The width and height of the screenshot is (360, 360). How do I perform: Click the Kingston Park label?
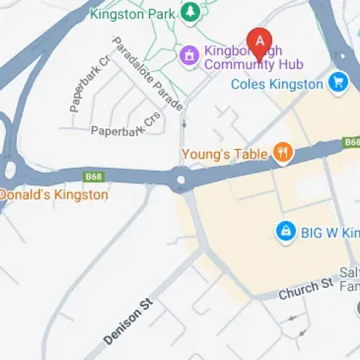point(134,13)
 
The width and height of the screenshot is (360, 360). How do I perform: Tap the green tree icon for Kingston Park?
point(190,12)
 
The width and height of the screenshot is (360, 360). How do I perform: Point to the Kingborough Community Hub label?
point(253,58)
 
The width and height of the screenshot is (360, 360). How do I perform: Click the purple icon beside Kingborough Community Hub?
point(189,54)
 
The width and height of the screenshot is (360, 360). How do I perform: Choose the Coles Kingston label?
point(276,84)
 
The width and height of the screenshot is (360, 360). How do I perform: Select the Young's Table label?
point(225,153)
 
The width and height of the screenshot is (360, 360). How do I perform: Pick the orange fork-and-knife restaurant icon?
point(283,152)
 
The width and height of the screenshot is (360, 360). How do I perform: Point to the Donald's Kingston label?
point(54,194)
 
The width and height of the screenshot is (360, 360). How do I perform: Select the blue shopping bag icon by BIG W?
point(286,231)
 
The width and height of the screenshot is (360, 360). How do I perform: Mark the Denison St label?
point(129,313)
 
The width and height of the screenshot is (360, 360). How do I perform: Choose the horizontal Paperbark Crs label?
point(127,130)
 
